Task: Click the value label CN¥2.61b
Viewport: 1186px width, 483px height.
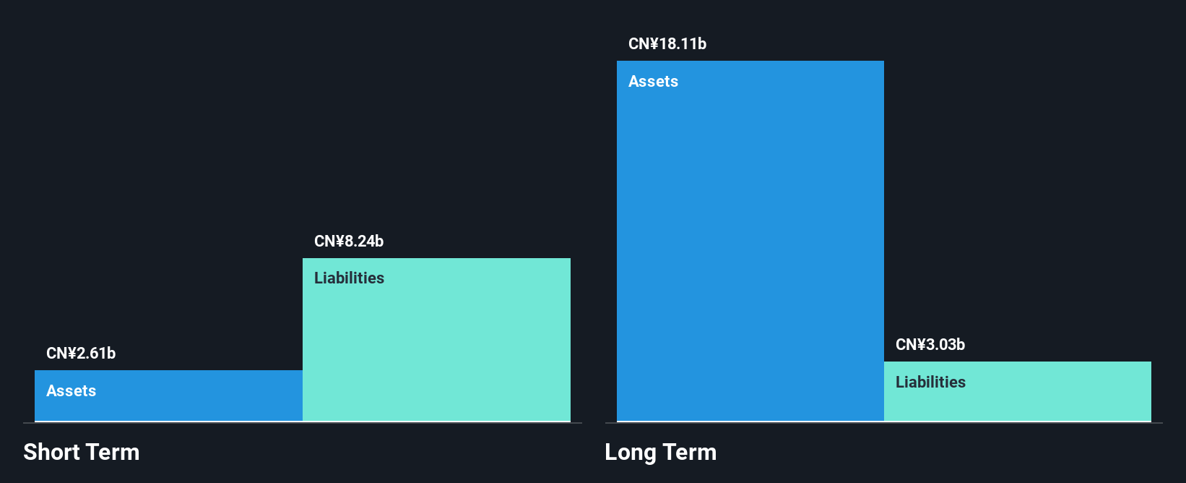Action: pos(81,354)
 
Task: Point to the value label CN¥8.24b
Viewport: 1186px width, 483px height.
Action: pos(349,241)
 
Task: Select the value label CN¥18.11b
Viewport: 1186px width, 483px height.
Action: pos(667,44)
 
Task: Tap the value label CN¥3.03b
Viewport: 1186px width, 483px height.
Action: pos(930,345)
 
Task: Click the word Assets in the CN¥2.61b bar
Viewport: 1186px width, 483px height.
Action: pos(71,391)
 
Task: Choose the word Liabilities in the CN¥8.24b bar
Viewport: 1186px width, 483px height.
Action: pos(349,278)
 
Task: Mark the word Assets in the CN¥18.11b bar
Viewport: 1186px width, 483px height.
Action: pos(653,82)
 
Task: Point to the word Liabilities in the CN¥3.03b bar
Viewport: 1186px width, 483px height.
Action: pos(930,382)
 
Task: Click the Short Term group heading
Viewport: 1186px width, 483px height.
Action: pos(82,453)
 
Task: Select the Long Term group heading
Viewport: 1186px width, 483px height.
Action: pos(660,453)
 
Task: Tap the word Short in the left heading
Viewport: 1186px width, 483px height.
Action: pos(51,453)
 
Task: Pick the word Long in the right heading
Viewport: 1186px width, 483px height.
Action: pos(630,453)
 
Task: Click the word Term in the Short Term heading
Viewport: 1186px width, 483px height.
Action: pos(113,453)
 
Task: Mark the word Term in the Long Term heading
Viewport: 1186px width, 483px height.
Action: pos(690,453)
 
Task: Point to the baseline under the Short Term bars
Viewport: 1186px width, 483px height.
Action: pos(303,423)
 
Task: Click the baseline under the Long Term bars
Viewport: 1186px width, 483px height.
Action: pos(883,423)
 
